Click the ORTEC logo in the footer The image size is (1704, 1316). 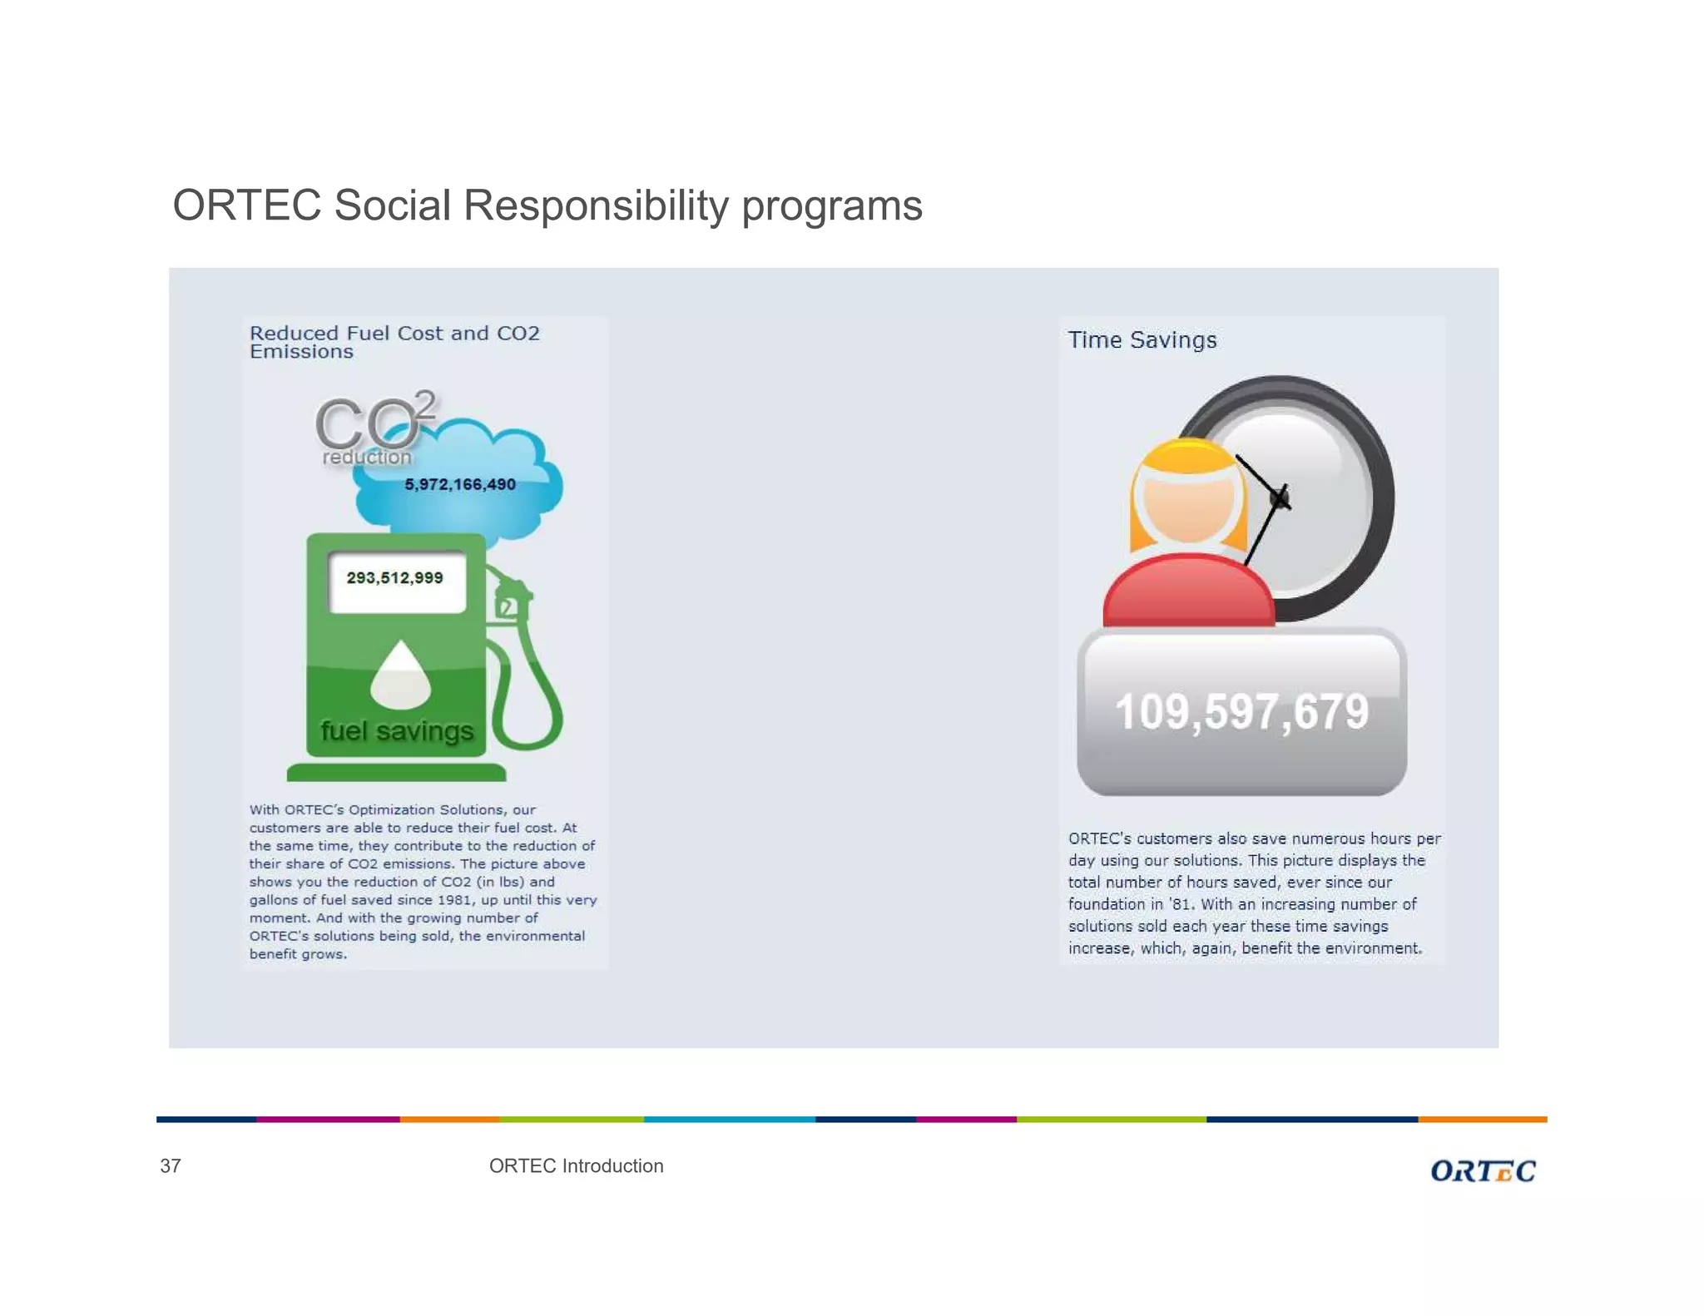1483,1170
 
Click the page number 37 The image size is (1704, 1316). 171,1165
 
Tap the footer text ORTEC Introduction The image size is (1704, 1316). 576,1165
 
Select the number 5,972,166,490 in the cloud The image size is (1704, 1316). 460,484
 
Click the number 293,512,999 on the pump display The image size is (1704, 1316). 394,577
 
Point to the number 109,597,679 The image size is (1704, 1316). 1241,712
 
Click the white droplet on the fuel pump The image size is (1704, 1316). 400,675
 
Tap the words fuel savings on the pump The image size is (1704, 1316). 397,730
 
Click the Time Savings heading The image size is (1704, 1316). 1142,339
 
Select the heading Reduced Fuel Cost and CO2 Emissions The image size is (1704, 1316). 394,341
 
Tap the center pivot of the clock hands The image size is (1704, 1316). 1280,497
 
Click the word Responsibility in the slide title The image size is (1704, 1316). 596,205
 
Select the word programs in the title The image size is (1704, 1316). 831,205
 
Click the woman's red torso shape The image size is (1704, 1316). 1188,592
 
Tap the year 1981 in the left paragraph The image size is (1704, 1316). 454,899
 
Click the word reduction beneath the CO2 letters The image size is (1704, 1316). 367,457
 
